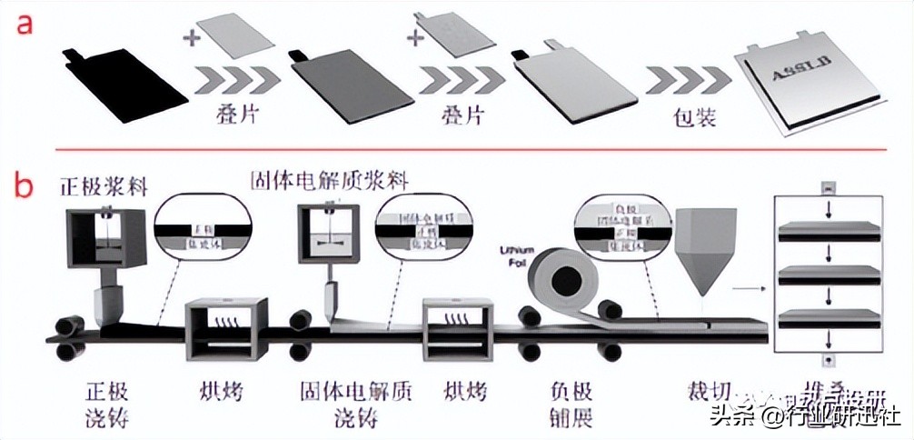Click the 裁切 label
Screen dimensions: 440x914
point(709,394)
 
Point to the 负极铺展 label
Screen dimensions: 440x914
point(571,405)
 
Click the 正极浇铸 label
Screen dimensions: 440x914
point(107,405)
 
